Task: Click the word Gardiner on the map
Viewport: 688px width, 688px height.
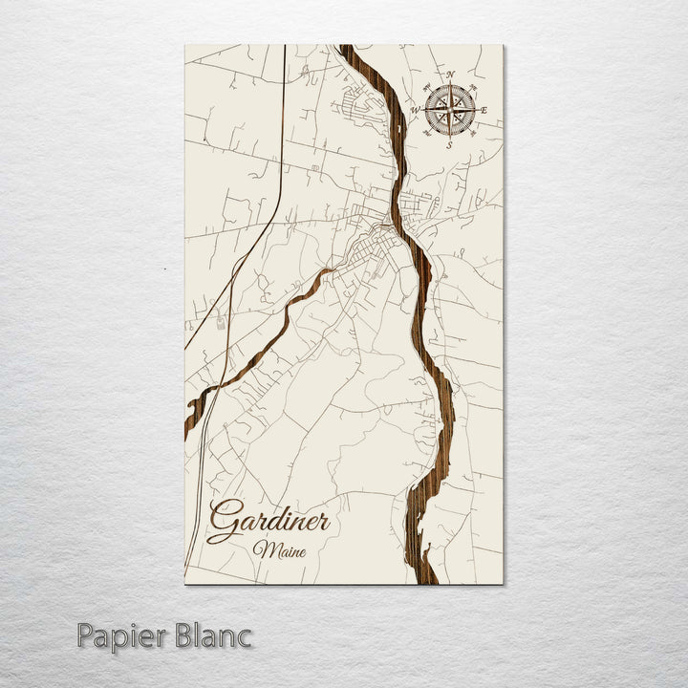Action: (x=269, y=522)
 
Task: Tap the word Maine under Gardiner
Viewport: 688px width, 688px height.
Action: (x=274, y=550)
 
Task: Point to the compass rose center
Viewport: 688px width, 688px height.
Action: (x=450, y=109)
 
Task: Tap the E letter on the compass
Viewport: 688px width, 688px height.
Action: (x=484, y=111)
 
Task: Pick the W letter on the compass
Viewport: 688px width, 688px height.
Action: (x=415, y=109)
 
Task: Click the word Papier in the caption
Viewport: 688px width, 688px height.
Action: (x=121, y=634)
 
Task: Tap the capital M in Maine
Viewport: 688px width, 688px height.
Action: (x=261, y=550)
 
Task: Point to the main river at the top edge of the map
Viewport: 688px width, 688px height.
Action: (x=348, y=48)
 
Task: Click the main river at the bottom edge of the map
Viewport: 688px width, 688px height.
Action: (x=428, y=579)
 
